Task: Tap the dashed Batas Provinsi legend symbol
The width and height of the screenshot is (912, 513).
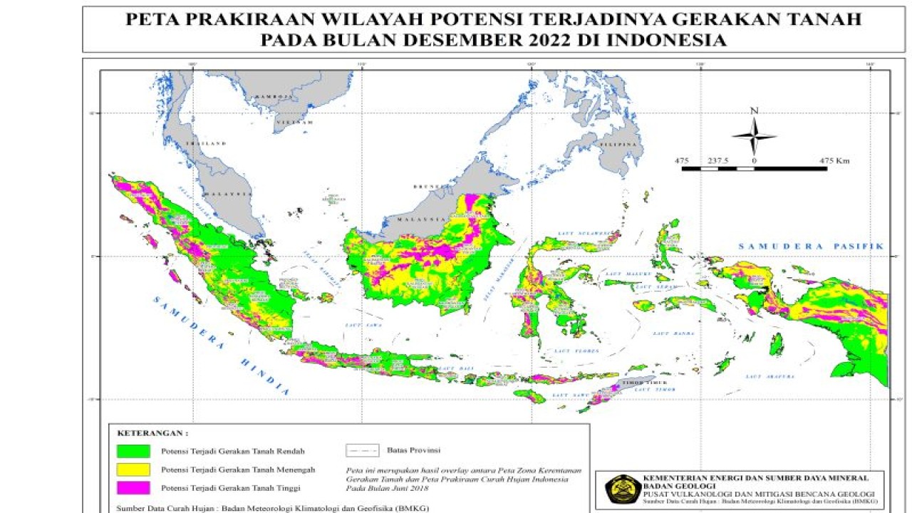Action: click(362, 450)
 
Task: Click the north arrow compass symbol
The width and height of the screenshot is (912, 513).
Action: click(755, 135)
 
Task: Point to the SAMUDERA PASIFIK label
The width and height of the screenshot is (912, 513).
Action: click(810, 246)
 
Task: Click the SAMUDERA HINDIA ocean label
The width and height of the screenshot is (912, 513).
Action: click(221, 345)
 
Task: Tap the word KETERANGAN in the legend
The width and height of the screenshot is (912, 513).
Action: click(152, 432)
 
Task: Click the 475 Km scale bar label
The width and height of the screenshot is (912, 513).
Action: click(834, 161)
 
